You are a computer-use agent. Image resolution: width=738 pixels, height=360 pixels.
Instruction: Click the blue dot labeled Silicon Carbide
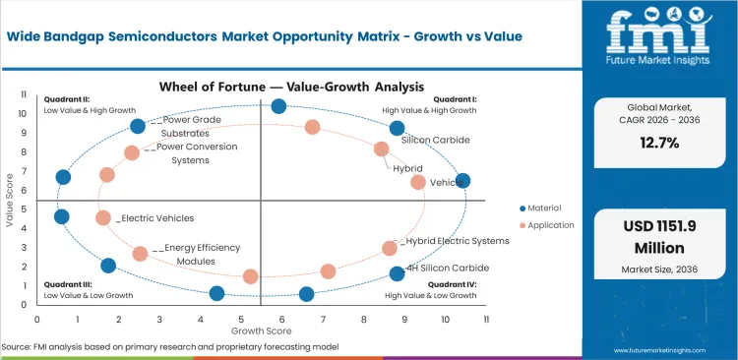tap(397, 128)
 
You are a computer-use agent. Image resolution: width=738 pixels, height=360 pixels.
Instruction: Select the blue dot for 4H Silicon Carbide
tap(397, 273)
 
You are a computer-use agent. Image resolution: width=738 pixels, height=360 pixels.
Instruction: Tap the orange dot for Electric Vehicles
tap(103, 218)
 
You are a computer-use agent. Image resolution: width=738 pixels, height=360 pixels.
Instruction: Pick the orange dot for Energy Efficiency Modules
tap(141, 254)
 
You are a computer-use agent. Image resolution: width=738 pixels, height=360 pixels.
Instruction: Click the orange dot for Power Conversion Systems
tap(132, 152)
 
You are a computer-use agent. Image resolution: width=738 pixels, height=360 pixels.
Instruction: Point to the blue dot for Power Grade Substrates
tap(138, 126)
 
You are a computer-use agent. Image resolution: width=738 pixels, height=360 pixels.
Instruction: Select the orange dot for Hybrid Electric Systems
tap(390, 249)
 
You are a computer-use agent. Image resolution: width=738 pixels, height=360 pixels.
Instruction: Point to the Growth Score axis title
tap(260, 330)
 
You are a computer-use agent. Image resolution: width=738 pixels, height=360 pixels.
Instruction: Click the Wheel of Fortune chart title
tap(261, 86)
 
